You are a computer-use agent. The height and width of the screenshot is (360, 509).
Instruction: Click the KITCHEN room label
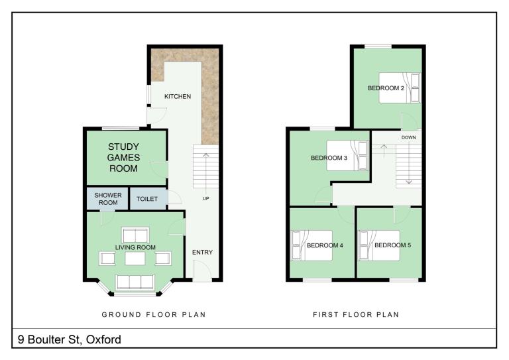(x=178, y=96)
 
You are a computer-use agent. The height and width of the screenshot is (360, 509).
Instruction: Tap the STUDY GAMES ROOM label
(x=123, y=157)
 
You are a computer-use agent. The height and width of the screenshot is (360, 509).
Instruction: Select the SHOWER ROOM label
(x=108, y=199)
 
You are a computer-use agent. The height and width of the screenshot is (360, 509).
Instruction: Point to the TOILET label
(x=147, y=199)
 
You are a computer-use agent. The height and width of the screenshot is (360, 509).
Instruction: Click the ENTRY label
(x=202, y=252)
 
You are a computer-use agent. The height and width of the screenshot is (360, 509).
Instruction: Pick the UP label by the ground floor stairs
(x=206, y=198)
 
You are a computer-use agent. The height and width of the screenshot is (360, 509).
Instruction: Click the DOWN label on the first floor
(x=409, y=137)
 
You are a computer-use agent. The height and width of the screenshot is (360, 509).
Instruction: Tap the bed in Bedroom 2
(x=400, y=88)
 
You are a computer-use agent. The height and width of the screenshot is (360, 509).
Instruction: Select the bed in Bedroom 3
(x=347, y=156)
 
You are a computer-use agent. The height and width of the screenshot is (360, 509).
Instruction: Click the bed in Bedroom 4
(x=312, y=245)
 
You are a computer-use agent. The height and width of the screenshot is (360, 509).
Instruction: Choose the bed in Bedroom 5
(x=379, y=245)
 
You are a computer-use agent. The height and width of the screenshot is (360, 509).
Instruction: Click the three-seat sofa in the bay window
(x=135, y=282)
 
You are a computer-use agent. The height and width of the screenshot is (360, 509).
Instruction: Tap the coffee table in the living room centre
(x=135, y=259)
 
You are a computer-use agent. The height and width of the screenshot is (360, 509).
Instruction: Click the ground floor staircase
(x=206, y=166)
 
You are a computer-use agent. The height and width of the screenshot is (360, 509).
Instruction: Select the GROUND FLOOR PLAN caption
(x=154, y=314)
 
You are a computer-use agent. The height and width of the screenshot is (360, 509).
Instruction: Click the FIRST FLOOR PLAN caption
(x=356, y=314)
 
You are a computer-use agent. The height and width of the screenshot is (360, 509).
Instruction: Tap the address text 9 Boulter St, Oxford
(x=70, y=339)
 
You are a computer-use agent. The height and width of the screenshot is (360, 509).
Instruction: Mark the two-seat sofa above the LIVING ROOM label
(x=135, y=235)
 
